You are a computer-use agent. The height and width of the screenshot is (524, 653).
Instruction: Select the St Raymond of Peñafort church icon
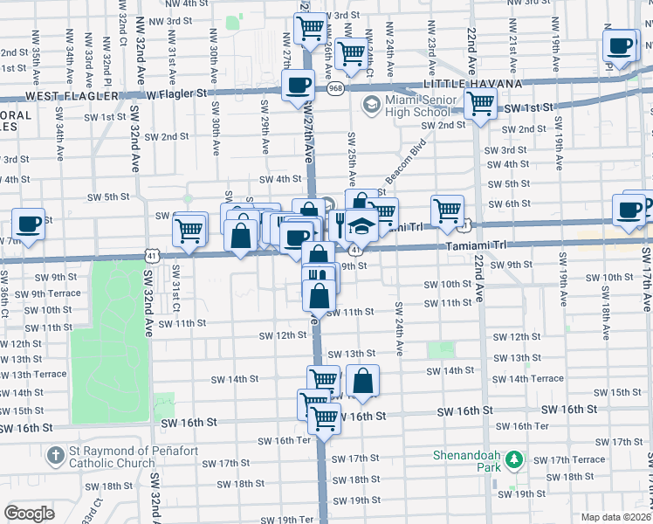(55, 455)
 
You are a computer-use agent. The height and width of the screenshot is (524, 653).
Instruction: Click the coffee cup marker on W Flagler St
(299, 86)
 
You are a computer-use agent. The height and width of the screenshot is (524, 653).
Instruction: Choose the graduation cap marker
(361, 225)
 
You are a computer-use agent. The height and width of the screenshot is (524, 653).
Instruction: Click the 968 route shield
(335, 87)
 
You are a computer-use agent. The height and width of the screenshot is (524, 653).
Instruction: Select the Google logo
(29, 513)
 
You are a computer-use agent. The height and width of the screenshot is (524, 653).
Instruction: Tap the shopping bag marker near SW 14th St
(362, 381)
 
